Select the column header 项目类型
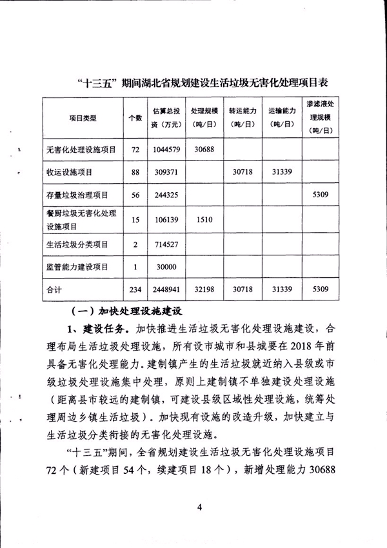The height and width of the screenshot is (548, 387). pyautogui.click(x=83, y=118)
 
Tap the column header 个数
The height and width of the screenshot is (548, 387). pyautogui.click(x=135, y=118)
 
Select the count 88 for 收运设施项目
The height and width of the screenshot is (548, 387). pyautogui.click(x=135, y=172)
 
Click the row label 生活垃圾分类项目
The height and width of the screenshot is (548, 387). pyautogui.click(x=77, y=244)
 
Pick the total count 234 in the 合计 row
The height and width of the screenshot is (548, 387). pyautogui.click(x=135, y=290)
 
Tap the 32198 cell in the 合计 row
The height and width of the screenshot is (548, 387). pyautogui.click(x=204, y=290)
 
